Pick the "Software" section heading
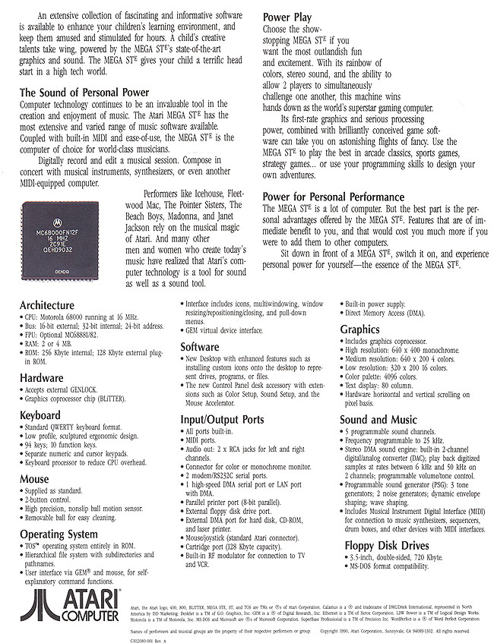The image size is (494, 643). click(200, 347)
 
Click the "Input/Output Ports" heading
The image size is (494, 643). click(223, 418)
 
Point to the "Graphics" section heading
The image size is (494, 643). click(359, 329)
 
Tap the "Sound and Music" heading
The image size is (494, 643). click(378, 418)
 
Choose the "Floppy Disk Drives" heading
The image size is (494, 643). click(385, 545)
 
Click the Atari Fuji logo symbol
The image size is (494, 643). click(36, 606)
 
